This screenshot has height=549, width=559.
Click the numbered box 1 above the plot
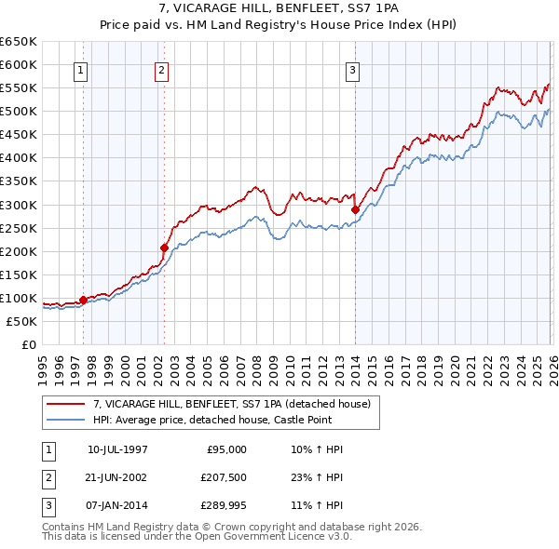80,70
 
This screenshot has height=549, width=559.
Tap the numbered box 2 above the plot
161,70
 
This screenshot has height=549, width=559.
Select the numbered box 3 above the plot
353,70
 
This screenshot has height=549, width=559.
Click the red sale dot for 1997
84,300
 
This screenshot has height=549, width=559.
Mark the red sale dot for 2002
165,248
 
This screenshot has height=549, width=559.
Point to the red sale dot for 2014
355,209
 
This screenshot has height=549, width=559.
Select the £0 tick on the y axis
28,345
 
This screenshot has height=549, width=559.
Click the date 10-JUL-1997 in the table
117,449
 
